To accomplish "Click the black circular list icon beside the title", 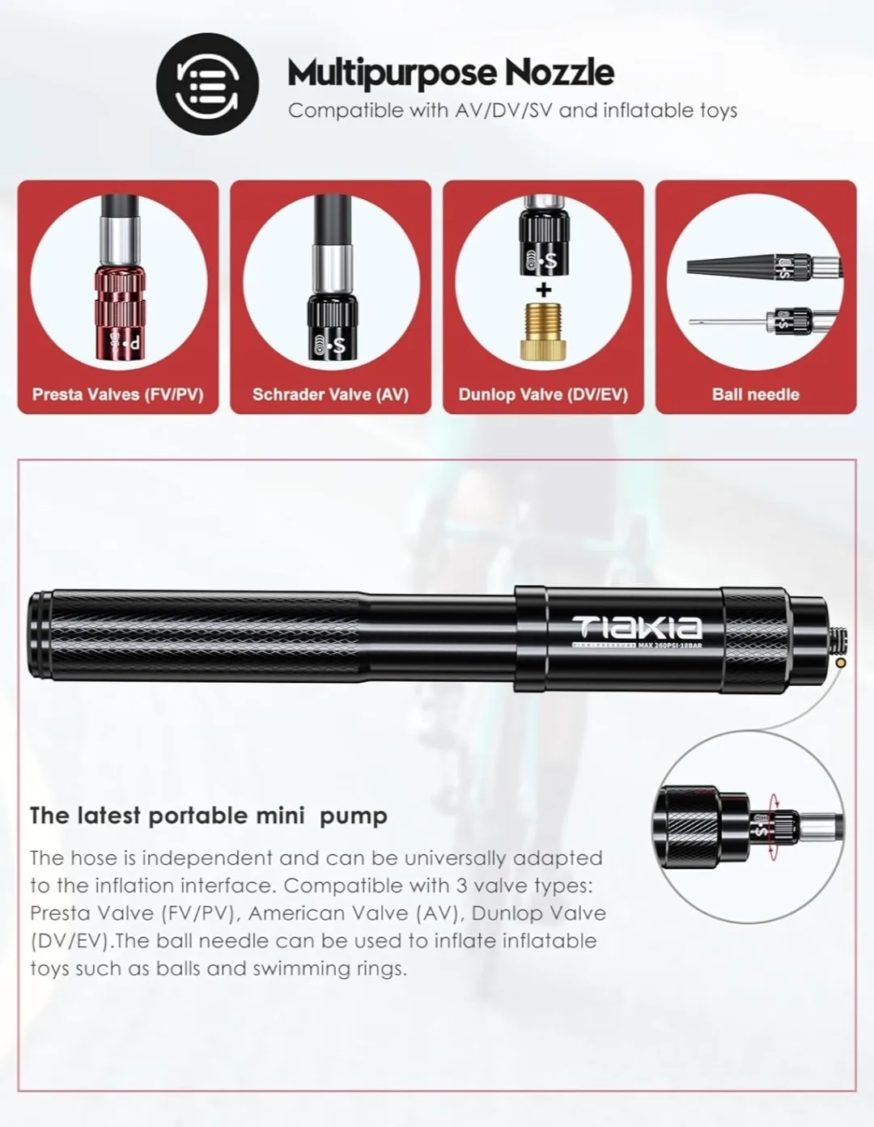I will point(207,83).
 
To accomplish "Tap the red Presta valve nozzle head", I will point(118,311).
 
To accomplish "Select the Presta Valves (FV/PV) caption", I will point(118,395).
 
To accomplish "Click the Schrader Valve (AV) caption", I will point(330,395).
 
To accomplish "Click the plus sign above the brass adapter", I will point(544,290).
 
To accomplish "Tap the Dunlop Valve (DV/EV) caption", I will point(543,395).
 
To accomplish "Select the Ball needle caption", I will point(755,395).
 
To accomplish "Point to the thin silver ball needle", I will point(724,322).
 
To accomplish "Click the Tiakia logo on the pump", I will point(638,626).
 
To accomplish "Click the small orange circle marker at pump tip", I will point(840,663).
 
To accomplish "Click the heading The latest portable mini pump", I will point(209,816).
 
